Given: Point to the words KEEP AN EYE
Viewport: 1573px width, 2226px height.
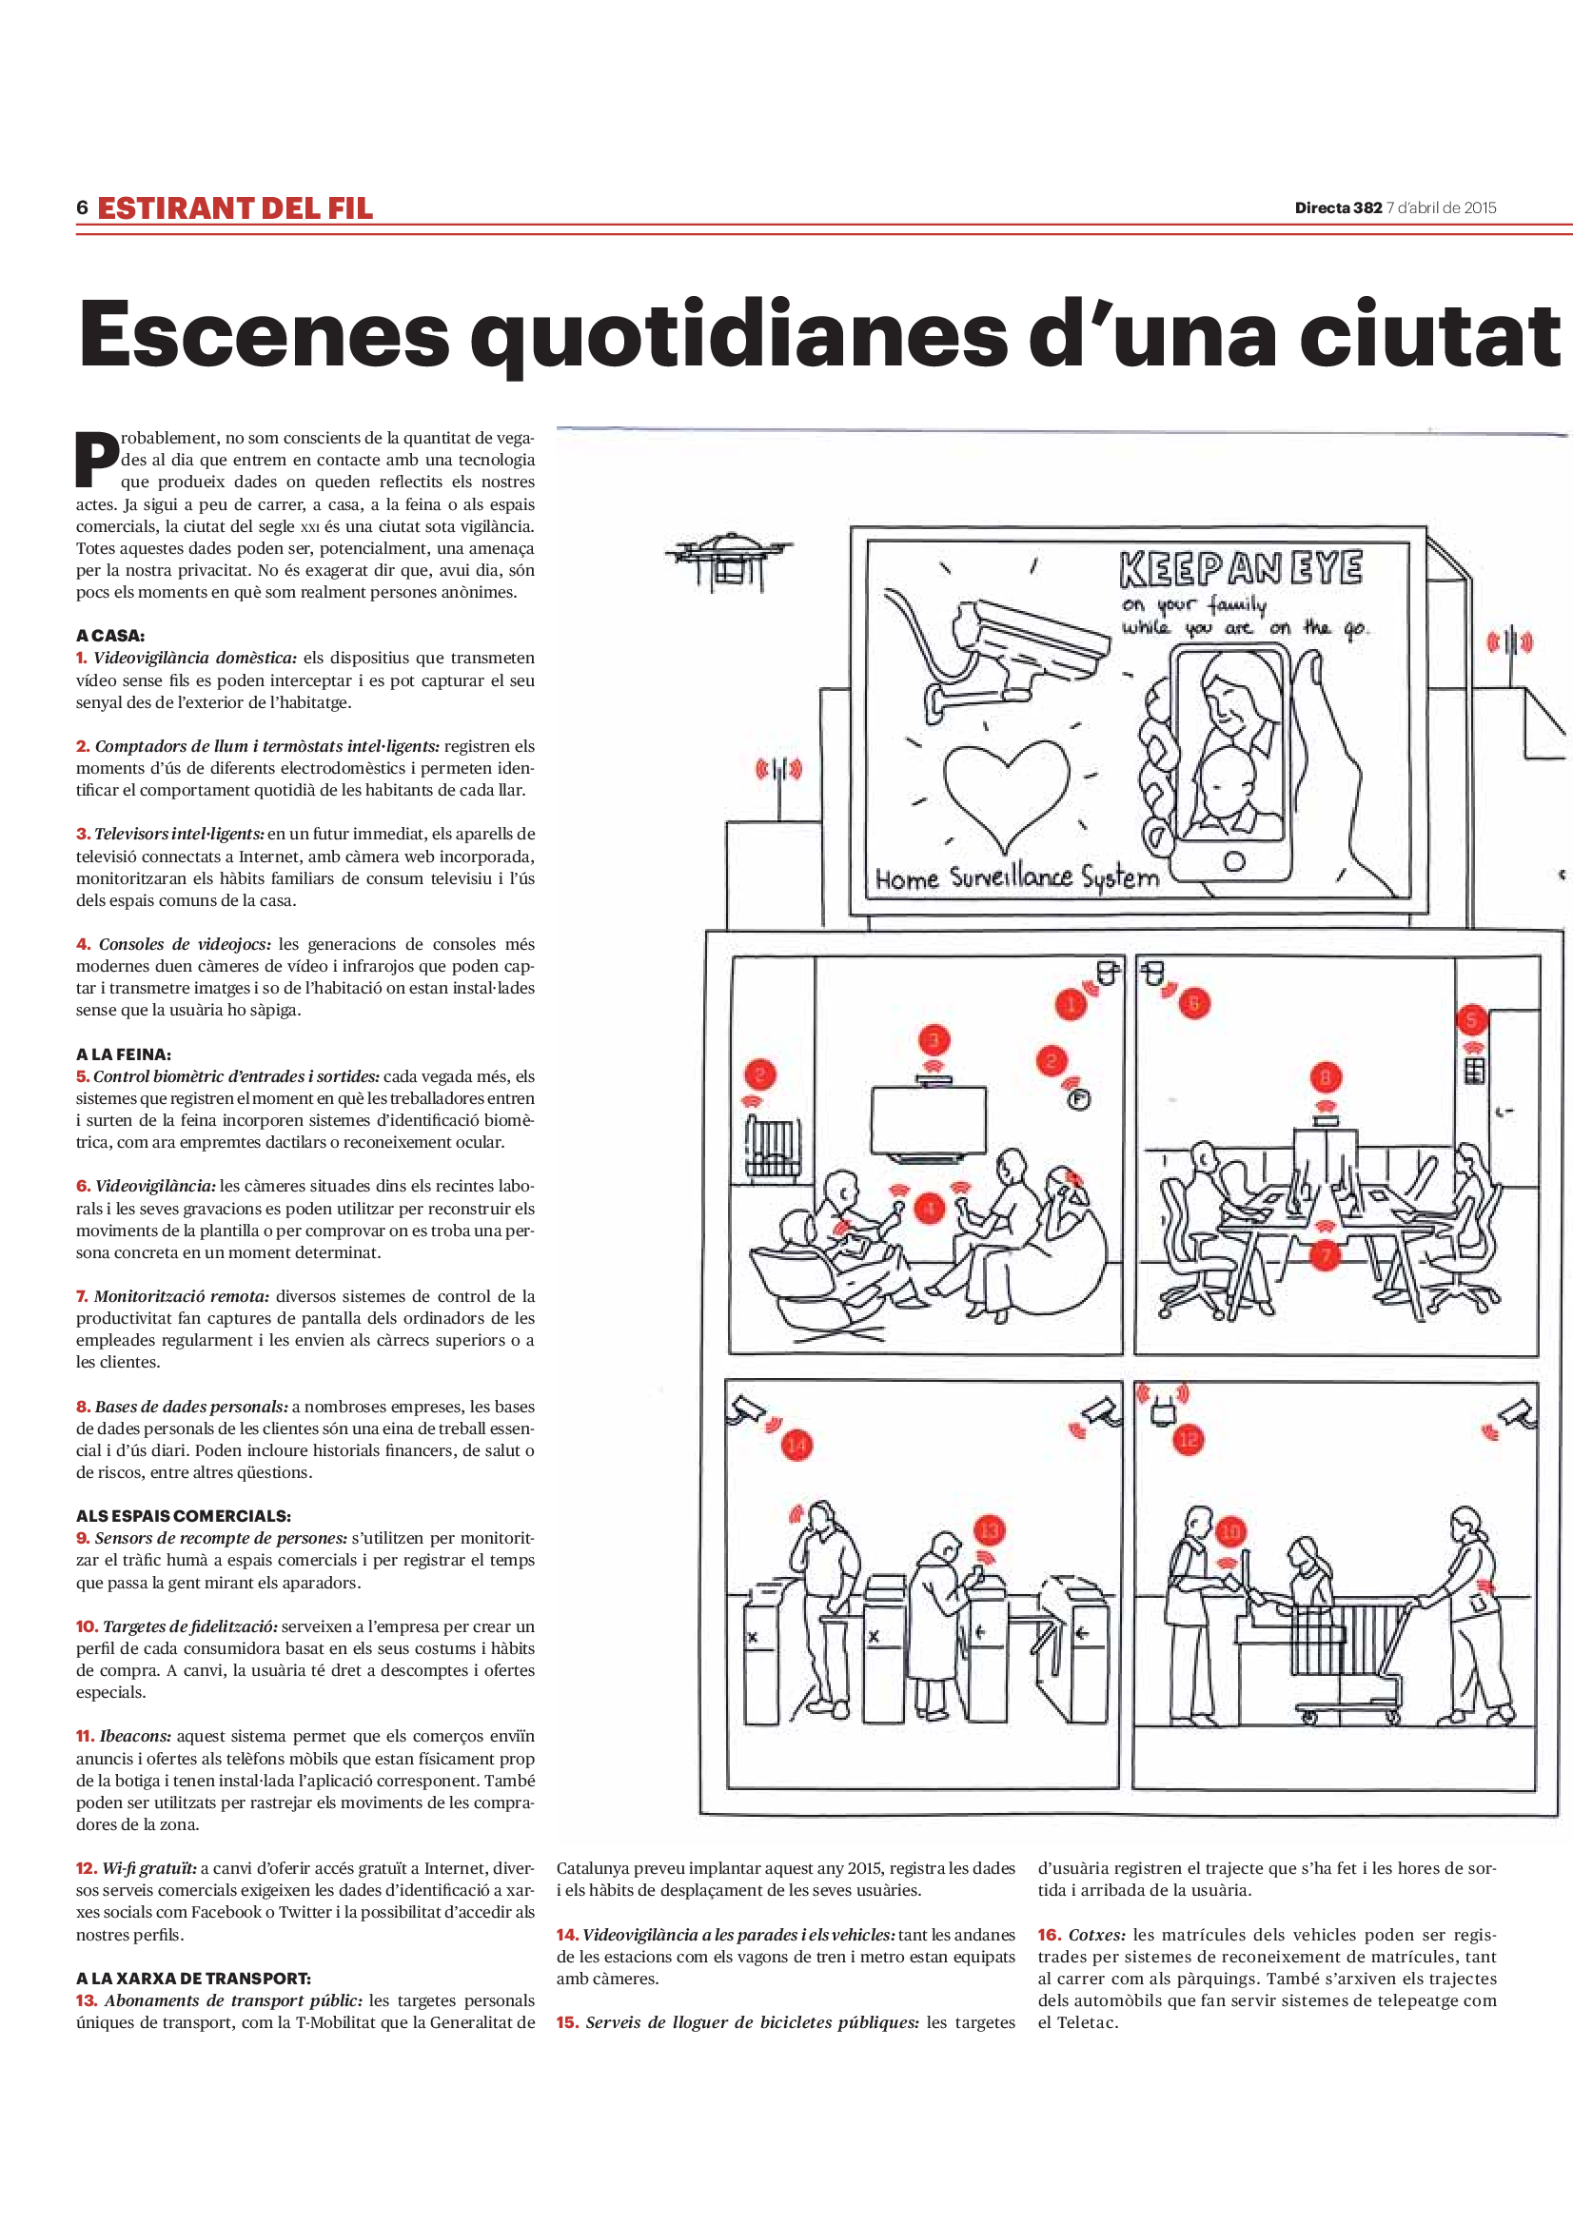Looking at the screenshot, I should point(1241,569).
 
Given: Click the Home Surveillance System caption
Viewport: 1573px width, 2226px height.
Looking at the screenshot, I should point(1016,878).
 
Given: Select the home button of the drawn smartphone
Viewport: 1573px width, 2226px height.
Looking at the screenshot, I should point(1234,862).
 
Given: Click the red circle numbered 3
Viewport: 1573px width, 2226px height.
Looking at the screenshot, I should point(934,1040).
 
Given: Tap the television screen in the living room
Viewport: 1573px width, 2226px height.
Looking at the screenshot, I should point(929,1119).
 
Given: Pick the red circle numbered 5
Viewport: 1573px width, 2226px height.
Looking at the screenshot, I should point(1471,1019).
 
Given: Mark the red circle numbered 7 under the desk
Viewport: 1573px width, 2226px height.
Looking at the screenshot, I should point(1325,1256).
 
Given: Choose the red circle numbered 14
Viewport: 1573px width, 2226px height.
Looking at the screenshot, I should point(796,1446).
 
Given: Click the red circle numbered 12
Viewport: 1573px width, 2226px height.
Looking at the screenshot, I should point(1189,1440).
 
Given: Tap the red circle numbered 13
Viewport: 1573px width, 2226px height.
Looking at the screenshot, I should point(989,1531).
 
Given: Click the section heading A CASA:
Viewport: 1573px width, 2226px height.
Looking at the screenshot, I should point(109,636).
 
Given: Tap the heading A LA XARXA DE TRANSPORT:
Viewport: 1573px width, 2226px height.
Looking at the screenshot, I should point(194,1978).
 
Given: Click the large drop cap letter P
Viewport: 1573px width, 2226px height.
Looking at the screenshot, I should point(97,459).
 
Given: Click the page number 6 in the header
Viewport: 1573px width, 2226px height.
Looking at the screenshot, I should point(83,207).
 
